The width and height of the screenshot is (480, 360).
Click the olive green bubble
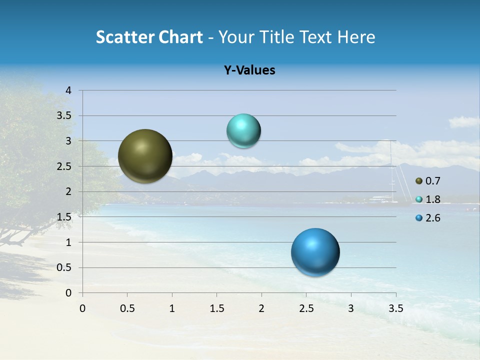pyautogui.click(x=145, y=156)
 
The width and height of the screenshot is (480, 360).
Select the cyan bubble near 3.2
pyautogui.click(x=243, y=131)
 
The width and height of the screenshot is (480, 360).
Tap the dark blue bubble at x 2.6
pyautogui.click(x=315, y=252)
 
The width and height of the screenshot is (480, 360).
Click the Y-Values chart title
pyautogui.click(x=249, y=70)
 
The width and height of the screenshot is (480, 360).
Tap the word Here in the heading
pyautogui.click(x=355, y=37)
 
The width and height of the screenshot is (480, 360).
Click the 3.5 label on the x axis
pyautogui.click(x=395, y=308)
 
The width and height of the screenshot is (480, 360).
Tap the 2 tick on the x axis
pyautogui.click(x=261, y=308)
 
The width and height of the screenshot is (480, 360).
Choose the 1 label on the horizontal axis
pyautogui.click(x=172, y=308)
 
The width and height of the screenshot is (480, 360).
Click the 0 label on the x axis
pyautogui.click(x=82, y=308)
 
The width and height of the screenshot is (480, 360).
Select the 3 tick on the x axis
pyautogui.click(x=351, y=308)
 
